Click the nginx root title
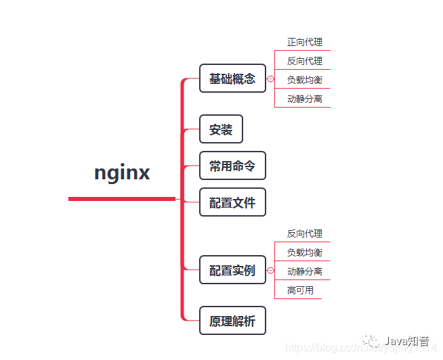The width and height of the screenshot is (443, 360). click(x=122, y=173)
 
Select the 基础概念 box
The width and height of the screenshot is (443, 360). click(x=232, y=78)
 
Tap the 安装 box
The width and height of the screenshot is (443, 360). click(x=221, y=129)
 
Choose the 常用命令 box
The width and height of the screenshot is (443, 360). click(x=232, y=166)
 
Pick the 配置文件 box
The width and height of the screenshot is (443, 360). click(x=232, y=202)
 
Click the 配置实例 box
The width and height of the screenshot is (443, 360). click(x=232, y=271)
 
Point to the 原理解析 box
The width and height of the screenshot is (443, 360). click(x=232, y=321)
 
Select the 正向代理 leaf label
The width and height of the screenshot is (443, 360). click(x=304, y=42)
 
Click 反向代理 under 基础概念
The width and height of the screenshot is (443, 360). click(x=304, y=61)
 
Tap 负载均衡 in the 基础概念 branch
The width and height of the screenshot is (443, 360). click(x=304, y=80)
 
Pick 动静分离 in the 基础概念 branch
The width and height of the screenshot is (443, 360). click(x=304, y=99)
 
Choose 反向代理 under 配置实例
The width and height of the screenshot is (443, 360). click(x=304, y=233)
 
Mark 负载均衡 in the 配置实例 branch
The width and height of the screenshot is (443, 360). click(x=304, y=252)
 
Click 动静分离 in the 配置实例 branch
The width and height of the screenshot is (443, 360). click(x=304, y=271)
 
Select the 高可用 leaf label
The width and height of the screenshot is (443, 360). click(x=300, y=290)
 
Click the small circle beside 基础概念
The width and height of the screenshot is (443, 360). click(x=271, y=79)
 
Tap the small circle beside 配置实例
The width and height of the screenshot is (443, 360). click(x=271, y=271)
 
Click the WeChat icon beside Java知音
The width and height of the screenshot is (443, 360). click(x=374, y=341)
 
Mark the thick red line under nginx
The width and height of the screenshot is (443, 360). click(x=122, y=199)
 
